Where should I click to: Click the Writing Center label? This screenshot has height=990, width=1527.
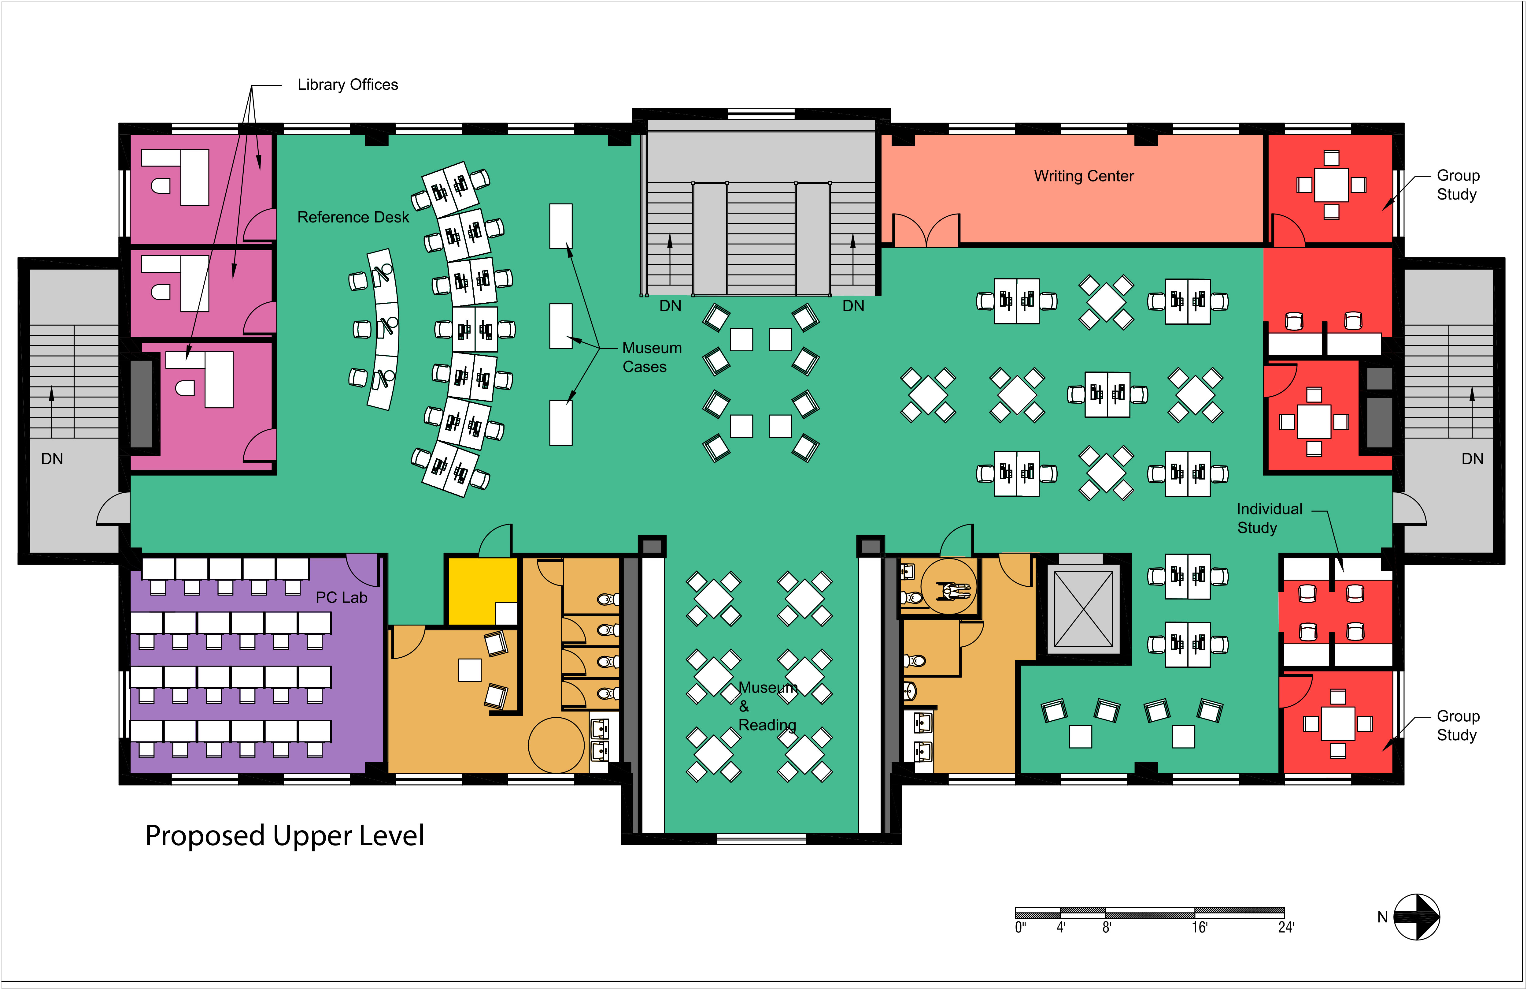pos(1084,176)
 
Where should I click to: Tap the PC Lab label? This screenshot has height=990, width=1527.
pos(341,598)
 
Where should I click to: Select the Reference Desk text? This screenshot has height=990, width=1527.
pos(353,217)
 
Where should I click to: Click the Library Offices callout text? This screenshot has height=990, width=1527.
pos(348,85)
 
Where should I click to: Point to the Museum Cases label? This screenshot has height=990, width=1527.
pos(652,357)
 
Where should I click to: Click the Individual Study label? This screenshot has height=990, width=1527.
pos(1269,518)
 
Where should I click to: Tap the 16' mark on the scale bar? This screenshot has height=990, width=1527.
pos(1199,927)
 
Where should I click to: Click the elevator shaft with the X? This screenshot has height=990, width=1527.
pos(1084,609)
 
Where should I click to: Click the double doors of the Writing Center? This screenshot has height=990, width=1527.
pos(926,230)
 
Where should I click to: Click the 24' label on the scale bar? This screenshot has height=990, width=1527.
pos(1286,927)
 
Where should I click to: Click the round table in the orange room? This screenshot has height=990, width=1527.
pos(556,745)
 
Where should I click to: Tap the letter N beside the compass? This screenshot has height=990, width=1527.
pos(1383,917)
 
